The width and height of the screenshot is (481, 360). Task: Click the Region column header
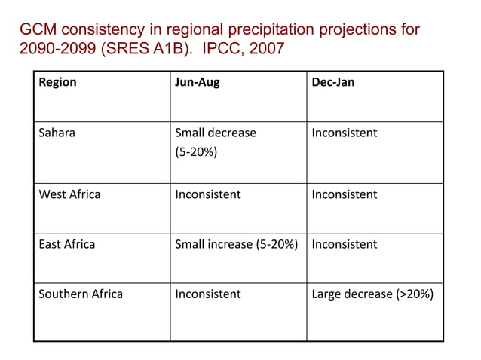[57, 82]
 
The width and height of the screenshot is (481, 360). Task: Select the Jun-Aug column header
[198, 82]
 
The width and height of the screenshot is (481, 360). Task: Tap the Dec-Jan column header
[332, 82]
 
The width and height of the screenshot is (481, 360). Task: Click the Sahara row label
[57, 133]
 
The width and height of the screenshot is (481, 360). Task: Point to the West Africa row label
[69, 194]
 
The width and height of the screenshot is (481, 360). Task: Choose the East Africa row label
[67, 244]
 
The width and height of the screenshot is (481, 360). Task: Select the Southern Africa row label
[81, 294]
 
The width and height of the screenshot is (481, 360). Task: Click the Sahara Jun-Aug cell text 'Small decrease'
[216, 133]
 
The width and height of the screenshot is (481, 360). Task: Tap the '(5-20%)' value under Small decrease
[196, 153]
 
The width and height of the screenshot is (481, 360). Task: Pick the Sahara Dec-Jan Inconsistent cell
[345, 133]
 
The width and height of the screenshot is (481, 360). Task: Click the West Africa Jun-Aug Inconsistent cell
[208, 194]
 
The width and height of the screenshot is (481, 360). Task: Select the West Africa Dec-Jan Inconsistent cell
[345, 194]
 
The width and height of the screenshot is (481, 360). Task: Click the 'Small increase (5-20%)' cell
[237, 244]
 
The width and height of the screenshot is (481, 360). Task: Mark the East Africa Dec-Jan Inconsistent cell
[345, 244]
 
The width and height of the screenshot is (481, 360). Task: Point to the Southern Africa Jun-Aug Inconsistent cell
[208, 294]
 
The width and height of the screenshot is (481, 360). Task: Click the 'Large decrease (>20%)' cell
[372, 294]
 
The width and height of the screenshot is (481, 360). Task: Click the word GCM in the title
[37, 30]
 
